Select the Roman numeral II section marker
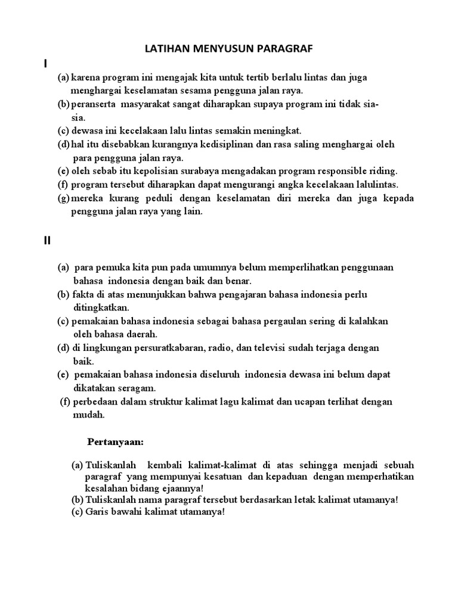point(47,241)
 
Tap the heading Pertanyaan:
point(116,442)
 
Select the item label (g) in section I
point(63,198)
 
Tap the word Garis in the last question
point(98,512)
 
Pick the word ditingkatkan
point(101,307)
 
